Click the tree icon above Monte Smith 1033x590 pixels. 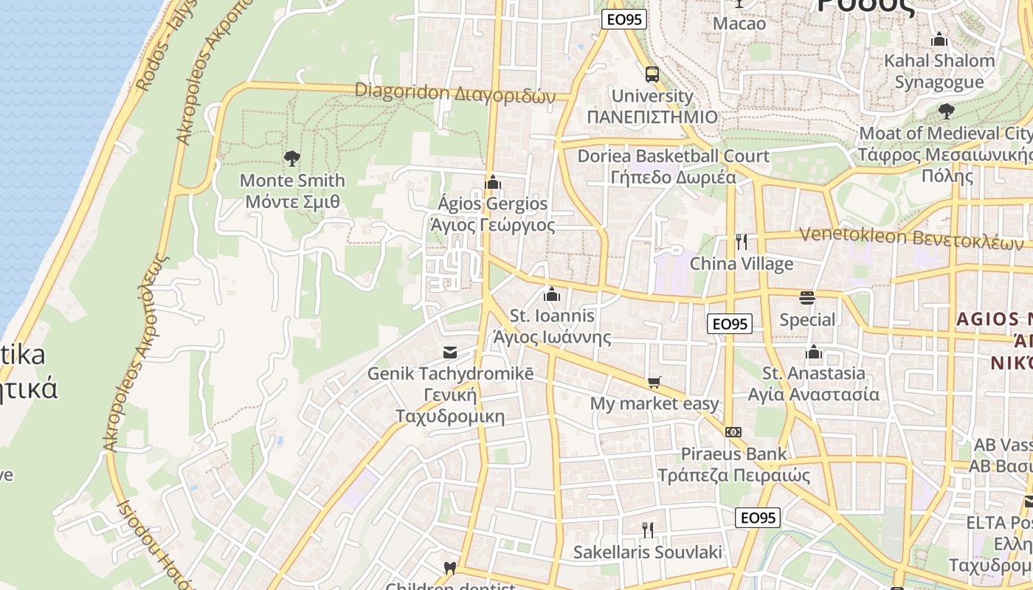point(292,158)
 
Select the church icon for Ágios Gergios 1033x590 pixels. point(492,182)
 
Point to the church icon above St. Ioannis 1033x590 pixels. point(551,295)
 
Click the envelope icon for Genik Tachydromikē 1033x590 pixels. point(449,353)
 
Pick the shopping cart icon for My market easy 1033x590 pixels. point(654,382)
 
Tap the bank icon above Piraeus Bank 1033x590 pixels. point(733,432)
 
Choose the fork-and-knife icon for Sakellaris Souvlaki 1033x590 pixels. point(647,530)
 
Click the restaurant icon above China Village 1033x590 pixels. point(742,241)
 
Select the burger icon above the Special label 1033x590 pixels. point(807,298)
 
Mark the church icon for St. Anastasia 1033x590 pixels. point(814,352)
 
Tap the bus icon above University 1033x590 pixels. point(652,74)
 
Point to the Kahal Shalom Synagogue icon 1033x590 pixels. point(939,39)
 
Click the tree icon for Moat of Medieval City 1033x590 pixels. point(946,111)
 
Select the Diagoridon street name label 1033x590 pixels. point(455,93)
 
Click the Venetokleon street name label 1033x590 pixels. point(912,237)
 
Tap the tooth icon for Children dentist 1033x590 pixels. point(449,568)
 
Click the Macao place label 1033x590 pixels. point(739,24)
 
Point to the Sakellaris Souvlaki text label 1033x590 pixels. point(647,552)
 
